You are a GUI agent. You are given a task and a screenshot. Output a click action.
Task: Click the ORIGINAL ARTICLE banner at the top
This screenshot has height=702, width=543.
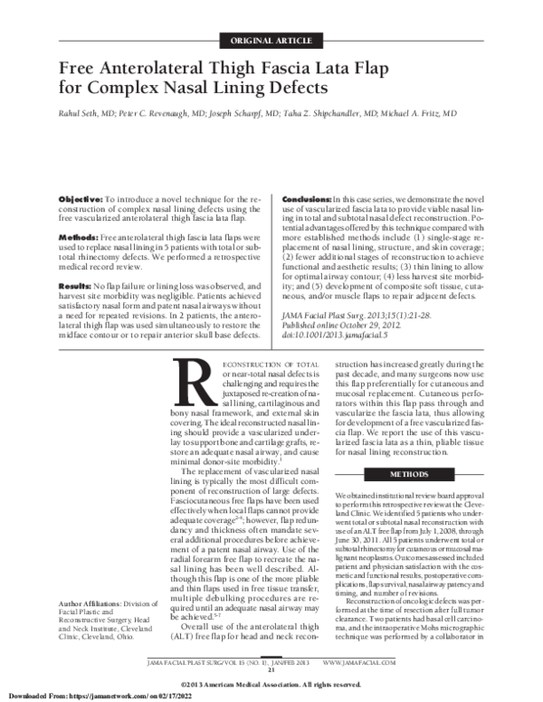[271, 42]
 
